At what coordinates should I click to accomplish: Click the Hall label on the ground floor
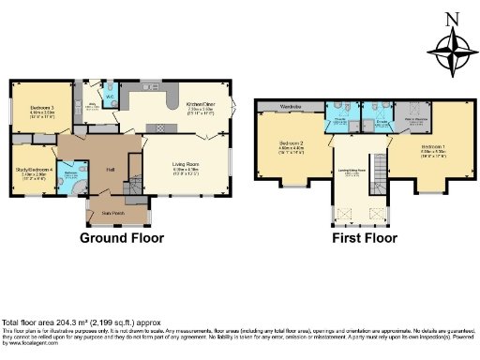pyautogui.click(x=110, y=170)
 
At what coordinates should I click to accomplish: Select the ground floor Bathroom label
pyautogui.click(x=70, y=172)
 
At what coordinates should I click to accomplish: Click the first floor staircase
pyautogui.click(x=380, y=170)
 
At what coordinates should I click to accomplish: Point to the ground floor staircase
pyautogui.click(x=134, y=187)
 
